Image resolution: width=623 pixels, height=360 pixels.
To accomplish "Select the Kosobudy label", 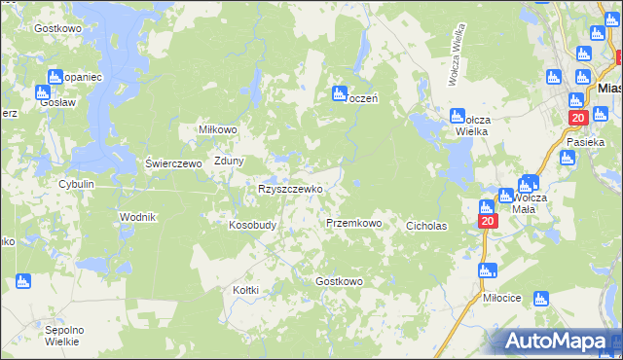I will coord(252,224).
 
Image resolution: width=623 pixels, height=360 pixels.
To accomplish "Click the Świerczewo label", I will coord(173,163).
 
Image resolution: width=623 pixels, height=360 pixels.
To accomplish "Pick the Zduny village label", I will coord(229,162).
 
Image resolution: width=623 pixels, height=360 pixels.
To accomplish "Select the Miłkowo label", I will coord(217,129).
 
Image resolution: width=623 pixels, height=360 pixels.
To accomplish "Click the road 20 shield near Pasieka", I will coord(576,118).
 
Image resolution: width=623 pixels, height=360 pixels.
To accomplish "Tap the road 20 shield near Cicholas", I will coord(488,222).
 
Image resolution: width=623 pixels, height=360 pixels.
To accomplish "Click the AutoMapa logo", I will coord(559,342).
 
